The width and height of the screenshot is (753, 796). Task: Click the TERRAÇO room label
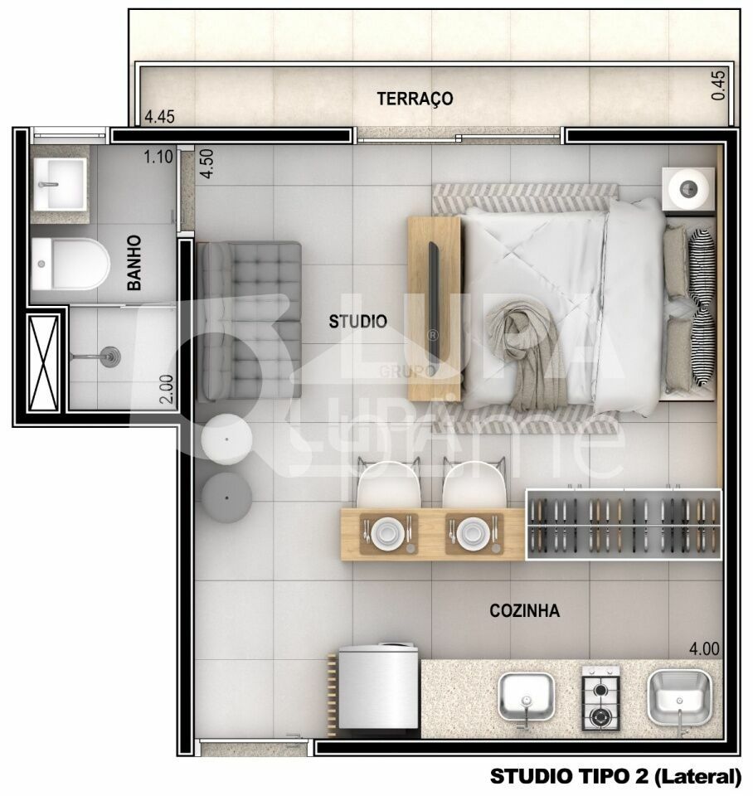pyautogui.click(x=415, y=99)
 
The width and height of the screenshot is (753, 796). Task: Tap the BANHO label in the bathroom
pyautogui.click(x=134, y=263)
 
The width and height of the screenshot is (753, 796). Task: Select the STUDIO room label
pyautogui.click(x=357, y=321)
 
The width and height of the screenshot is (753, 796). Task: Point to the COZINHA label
pyautogui.click(x=524, y=611)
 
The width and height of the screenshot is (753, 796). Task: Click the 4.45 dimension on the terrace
pyautogui.click(x=159, y=117)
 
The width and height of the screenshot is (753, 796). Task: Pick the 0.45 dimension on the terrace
pyautogui.click(x=719, y=85)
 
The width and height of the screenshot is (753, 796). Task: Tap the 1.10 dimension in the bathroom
pyautogui.click(x=158, y=156)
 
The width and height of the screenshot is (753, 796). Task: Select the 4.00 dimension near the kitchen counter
pyautogui.click(x=703, y=649)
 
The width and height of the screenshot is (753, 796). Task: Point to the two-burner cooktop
pyautogui.click(x=600, y=698)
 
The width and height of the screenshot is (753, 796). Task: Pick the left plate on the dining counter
pyautogui.click(x=386, y=531)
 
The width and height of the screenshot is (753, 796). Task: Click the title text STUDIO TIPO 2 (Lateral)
pyautogui.click(x=615, y=776)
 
